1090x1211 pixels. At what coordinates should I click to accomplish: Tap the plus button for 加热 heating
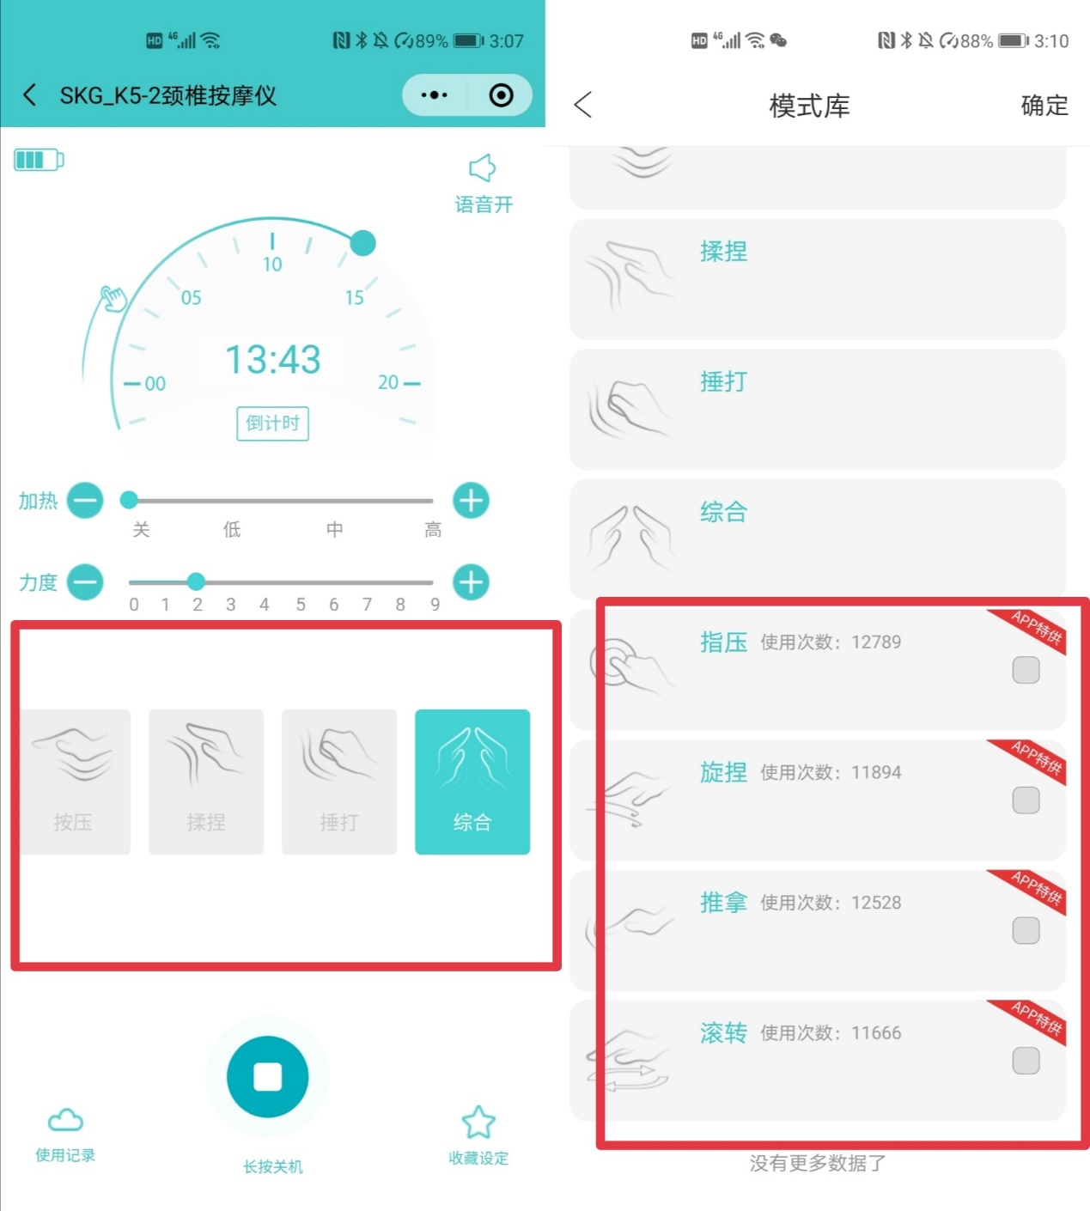[x=471, y=501]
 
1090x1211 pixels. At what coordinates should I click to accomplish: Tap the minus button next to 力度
[x=85, y=582]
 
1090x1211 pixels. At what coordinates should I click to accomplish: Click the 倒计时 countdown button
[x=272, y=423]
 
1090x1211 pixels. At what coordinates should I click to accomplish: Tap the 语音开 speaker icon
[x=483, y=168]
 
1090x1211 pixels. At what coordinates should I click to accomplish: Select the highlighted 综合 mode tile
[x=472, y=782]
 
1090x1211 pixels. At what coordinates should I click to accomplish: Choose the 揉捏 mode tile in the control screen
[x=206, y=782]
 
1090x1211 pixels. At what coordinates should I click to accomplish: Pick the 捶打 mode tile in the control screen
[x=339, y=782]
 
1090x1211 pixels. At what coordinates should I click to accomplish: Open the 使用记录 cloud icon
[x=65, y=1120]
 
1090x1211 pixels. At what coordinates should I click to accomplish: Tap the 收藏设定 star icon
[x=478, y=1122]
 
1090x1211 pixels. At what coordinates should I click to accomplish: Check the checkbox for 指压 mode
[x=1026, y=670]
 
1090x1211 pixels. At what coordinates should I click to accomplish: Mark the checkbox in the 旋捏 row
[x=1026, y=800]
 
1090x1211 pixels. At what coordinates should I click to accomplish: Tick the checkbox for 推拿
[x=1026, y=930]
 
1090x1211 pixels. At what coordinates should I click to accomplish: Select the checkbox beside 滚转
[x=1026, y=1061]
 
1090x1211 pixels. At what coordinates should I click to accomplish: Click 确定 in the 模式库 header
[x=1044, y=106]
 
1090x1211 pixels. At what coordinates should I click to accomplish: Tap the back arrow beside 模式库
[x=583, y=106]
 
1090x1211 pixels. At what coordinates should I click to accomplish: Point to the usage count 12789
[x=876, y=642]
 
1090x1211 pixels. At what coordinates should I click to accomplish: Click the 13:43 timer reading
[x=272, y=359]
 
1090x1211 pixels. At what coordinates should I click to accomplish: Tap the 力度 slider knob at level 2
[x=196, y=581]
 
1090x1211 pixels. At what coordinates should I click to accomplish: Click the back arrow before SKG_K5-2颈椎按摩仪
[x=30, y=94]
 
